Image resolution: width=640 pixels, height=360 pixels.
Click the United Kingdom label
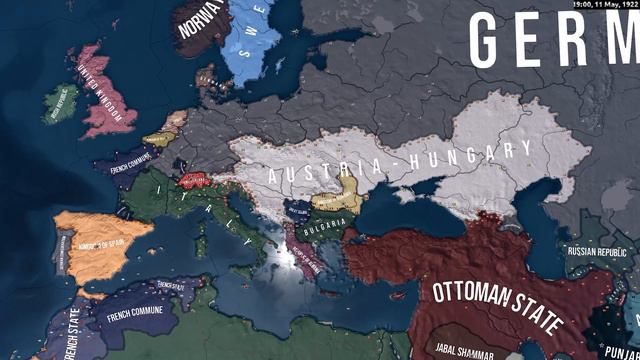(104, 92)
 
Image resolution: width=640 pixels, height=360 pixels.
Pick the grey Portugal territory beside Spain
(61, 250)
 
